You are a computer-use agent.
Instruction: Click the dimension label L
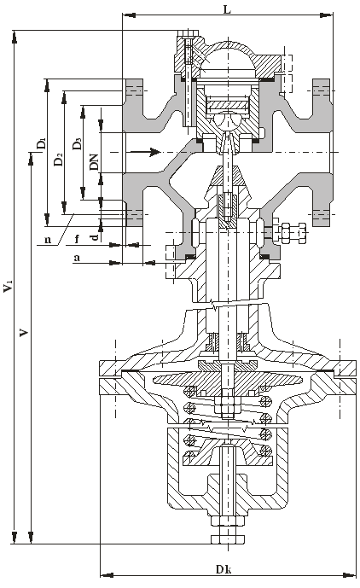point(227,9)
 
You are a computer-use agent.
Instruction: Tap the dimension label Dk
point(224,569)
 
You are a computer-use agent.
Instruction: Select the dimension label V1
point(8,285)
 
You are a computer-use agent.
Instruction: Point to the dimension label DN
point(95,161)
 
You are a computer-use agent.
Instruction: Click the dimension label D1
point(42,143)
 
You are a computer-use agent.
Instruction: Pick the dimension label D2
point(58,160)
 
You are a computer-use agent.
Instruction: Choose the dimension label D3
point(77,143)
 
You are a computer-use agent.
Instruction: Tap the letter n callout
point(48,239)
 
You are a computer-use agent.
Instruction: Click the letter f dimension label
point(78,238)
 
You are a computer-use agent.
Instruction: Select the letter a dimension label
point(77,258)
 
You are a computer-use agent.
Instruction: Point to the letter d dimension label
point(96,236)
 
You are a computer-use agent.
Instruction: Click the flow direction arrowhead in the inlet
point(155,152)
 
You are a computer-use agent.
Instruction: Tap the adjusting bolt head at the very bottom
point(227,539)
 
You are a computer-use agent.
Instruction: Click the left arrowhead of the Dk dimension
point(107,575)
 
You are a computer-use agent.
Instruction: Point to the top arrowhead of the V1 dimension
point(15,38)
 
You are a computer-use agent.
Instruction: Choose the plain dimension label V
point(24,332)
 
